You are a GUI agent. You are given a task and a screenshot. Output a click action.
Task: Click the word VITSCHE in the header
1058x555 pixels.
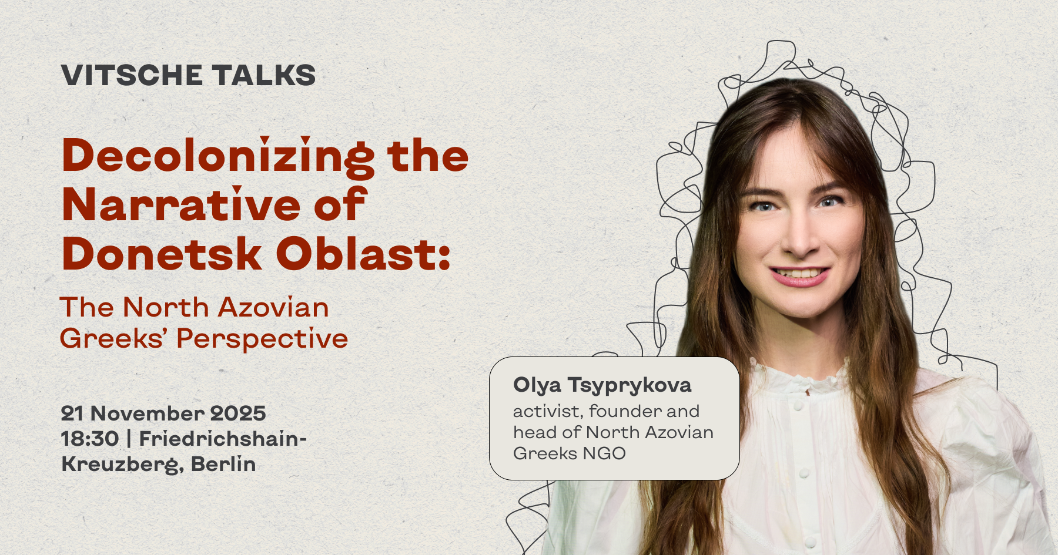(132, 75)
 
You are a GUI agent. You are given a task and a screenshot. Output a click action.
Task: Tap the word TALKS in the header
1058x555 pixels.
(264, 75)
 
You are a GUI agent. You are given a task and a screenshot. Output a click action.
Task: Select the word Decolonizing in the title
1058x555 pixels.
(218, 157)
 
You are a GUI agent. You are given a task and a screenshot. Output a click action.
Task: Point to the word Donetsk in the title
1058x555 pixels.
(162, 254)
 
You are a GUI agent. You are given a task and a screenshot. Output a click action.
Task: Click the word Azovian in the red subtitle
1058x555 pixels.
(273, 307)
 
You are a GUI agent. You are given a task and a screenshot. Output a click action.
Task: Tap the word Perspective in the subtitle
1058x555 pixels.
(262, 339)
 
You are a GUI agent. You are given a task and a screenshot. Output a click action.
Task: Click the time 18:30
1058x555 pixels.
(90, 439)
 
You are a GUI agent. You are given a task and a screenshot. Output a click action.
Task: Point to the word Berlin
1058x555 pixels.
(223, 464)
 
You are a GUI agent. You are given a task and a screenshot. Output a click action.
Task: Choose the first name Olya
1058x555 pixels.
(537, 386)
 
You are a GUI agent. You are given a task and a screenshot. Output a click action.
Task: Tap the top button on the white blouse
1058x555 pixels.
(798, 405)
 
